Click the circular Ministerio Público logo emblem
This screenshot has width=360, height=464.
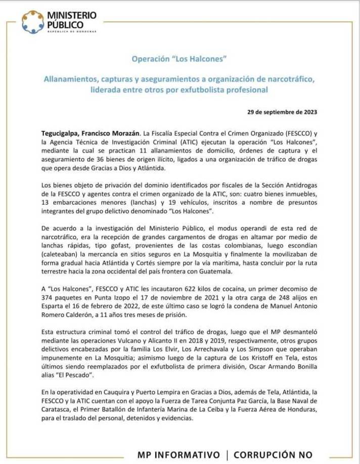pyautogui.click(x=32, y=22)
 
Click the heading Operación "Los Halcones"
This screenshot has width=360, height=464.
pyautogui.click(x=179, y=59)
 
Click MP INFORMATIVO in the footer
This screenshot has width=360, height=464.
pyautogui.click(x=178, y=455)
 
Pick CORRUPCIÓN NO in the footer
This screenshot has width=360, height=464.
pyautogui.click(x=273, y=455)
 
